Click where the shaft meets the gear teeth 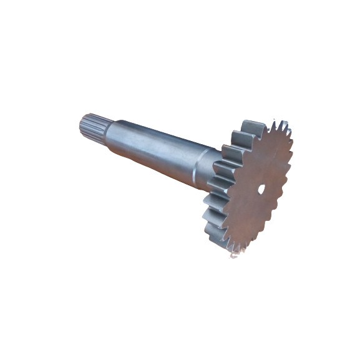coord(211,172)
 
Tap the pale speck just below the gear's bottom coord(233,256)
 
